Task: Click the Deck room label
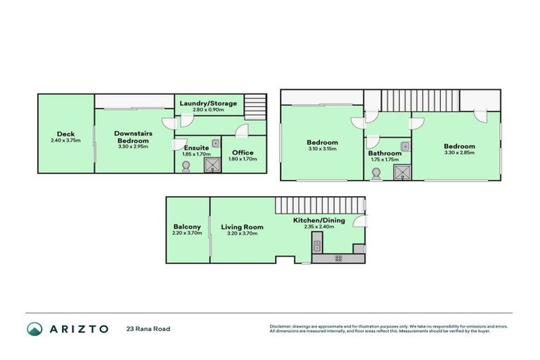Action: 65,134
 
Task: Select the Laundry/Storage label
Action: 207,103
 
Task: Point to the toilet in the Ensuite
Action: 186,167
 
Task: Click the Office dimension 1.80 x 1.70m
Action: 243,159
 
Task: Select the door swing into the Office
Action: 241,131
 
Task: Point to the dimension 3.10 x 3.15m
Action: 322,149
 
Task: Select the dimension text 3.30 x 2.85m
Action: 459,153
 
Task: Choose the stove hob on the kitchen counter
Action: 338,258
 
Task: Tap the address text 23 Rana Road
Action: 148,328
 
